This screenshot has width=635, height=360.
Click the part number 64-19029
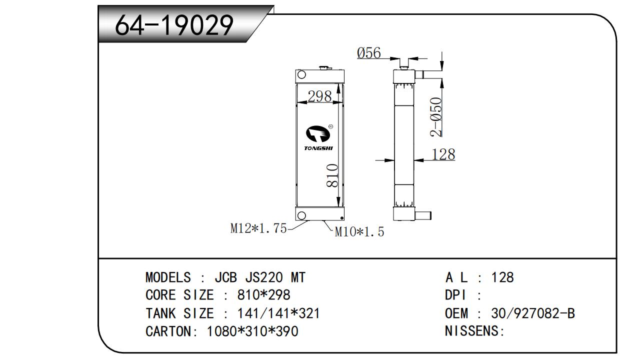(174, 25)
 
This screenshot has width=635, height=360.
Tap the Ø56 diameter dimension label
(369, 52)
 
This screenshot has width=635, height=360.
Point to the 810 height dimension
(332, 175)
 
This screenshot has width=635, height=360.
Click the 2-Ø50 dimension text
(436, 116)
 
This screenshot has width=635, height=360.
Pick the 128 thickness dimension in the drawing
(443, 154)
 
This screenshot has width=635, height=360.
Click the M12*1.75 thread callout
(258, 228)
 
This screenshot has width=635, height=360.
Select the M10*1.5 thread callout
(359, 231)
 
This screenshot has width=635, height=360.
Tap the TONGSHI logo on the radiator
(318, 137)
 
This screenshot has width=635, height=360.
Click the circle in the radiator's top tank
(301, 75)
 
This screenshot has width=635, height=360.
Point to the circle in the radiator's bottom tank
(301, 215)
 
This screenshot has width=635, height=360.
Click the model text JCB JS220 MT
(260, 277)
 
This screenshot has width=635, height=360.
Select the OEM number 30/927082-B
(533, 313)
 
